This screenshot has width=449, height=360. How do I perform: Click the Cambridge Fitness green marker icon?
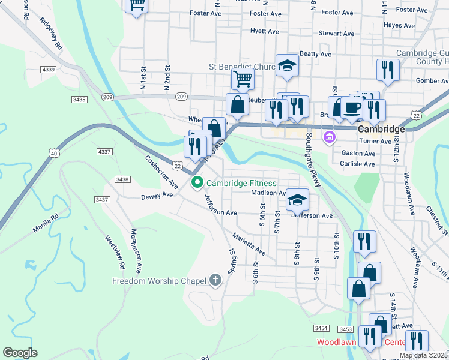pos(196,183)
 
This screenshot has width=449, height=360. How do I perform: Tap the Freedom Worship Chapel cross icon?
pos(215,280)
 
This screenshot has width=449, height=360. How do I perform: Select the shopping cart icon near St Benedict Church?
pos(243,78)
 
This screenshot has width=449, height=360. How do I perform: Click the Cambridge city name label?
pos(381,129)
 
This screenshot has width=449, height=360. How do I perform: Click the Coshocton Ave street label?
pos(162,172)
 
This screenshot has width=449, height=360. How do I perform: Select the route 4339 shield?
pos(49,70)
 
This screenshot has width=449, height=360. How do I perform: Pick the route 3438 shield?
pos(122,179)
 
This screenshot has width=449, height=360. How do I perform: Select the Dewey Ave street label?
pos(157,196)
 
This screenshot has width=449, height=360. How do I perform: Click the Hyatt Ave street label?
pos(264,31)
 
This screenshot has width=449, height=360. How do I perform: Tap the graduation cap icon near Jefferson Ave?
pos(297,199)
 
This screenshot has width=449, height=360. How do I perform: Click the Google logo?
pos(20,353)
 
